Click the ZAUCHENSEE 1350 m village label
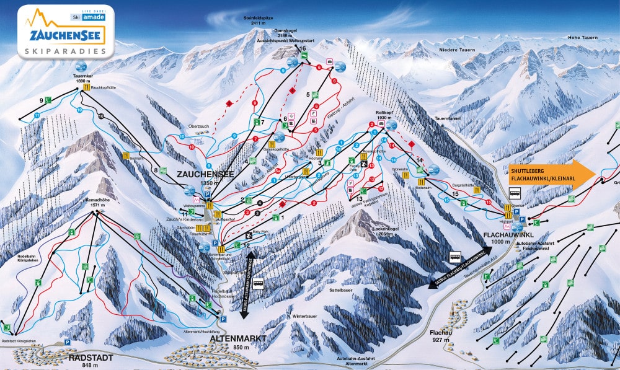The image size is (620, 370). (205, 178)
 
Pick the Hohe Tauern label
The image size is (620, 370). (582, 38)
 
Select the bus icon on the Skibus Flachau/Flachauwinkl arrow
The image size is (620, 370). (455, 255)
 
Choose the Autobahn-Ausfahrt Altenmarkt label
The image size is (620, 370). (346, 361)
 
